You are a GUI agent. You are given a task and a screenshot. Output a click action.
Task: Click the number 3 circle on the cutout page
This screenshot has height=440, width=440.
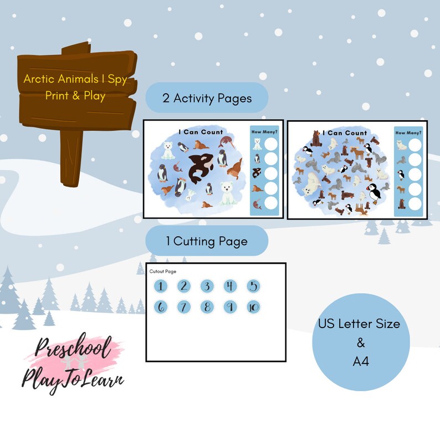(x=206, y=286)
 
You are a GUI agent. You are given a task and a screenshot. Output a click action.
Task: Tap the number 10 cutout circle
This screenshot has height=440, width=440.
(x=253, y=307)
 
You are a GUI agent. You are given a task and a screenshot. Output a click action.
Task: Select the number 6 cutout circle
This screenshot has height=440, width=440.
(x=160, y=307)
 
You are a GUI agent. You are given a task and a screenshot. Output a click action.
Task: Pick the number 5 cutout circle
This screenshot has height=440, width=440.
(x=253, y=286)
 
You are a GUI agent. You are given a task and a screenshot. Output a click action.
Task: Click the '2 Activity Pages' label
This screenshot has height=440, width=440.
(x=207, y=98)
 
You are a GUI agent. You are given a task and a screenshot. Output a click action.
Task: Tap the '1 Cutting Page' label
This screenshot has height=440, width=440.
(x=207, y=241)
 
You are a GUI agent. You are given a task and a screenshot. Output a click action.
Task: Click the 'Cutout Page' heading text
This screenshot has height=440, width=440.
(x=163, y=271)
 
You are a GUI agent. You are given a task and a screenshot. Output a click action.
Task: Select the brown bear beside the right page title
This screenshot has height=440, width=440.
(x=316, y=139)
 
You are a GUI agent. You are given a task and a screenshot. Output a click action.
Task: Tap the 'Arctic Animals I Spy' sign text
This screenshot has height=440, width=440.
(x=75, y=79)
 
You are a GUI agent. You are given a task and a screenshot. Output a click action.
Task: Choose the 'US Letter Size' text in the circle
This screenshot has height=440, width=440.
(x=359, y=323)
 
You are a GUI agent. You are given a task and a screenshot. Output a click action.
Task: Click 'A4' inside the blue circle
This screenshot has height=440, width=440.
(x=360, y=362)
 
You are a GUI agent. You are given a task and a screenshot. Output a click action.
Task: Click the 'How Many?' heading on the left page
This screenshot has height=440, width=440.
(x=264, y=132)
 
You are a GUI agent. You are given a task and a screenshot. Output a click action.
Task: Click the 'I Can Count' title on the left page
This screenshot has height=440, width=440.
(x=201, y=132)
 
